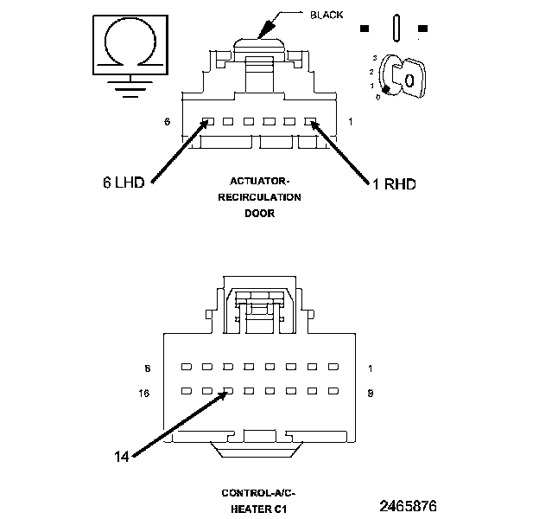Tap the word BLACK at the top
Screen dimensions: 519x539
tap(326, 15)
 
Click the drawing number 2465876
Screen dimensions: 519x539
tap(408, 504)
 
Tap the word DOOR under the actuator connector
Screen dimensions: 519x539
tap(258, 213)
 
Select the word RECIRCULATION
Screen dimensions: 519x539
tap(259, 197)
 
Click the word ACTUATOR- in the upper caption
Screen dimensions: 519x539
tap(258, 181)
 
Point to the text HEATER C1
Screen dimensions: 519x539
tap(258, 509)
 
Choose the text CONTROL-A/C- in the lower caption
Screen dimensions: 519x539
tap(258, 493)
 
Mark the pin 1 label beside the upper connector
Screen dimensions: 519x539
tap(351, 122)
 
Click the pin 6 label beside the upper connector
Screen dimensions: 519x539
tap(166, 122)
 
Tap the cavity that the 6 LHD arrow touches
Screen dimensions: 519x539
tap(207, 122)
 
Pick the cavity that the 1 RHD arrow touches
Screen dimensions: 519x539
tap(310, 122)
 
